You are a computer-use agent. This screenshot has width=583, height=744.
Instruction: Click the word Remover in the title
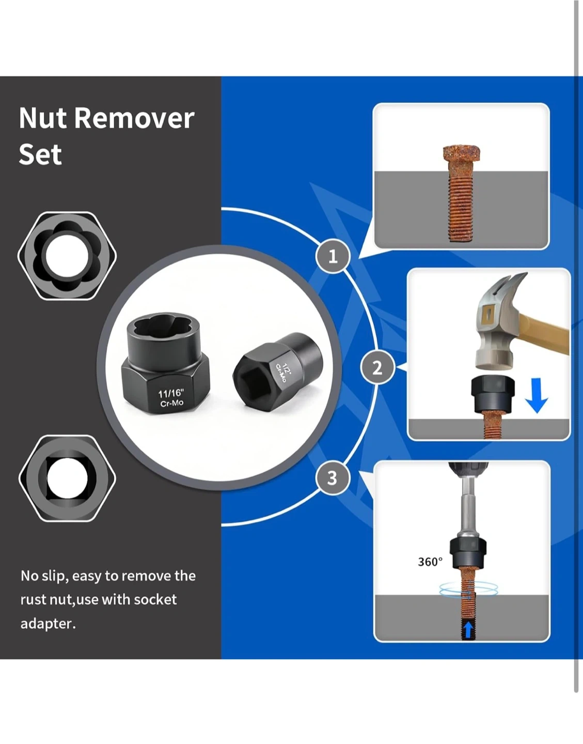click(x=134, y=118)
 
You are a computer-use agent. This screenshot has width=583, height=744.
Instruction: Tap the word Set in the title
click(x=40, y=154)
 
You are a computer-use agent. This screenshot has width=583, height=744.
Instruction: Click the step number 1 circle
click(x=333, y=256)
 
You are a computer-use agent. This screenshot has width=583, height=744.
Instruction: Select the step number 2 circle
click(x=377, y=368)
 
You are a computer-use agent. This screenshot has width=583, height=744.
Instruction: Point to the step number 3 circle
click(x=333, y=478)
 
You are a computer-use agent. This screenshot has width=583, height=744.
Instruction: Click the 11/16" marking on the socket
click(x=171, y=393)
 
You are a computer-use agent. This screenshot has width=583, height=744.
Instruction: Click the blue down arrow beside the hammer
click(x=537, y=395)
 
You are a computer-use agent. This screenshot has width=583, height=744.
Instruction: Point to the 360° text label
click(x=430, y=562)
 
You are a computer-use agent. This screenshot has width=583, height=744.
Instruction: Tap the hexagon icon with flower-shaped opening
click(x=67, y=256)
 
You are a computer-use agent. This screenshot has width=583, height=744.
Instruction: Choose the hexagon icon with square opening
click(x=68, y=478)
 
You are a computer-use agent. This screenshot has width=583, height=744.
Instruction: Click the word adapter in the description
click(x=48, y=624)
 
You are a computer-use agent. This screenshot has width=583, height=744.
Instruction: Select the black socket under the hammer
click(x=493, y=394)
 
